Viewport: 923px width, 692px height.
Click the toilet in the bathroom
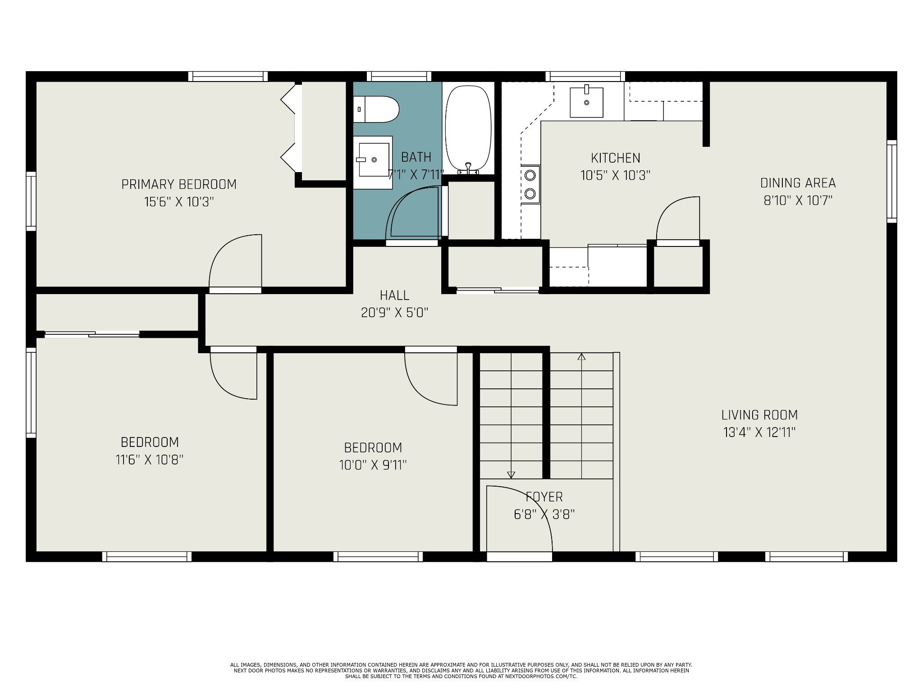376,109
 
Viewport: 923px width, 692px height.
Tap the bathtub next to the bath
468,129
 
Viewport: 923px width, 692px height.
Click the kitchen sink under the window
586,102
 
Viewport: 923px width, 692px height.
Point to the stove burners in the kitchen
530,184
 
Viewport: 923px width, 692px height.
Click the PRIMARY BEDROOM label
179,184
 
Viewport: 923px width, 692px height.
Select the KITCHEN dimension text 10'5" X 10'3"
616,175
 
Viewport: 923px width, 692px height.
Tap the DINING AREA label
798,183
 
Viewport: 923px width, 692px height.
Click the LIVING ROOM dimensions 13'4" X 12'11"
759,432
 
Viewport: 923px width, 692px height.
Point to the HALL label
394,296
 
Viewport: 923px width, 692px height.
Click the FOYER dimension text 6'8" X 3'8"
544,514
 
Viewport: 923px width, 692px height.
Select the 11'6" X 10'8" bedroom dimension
150,460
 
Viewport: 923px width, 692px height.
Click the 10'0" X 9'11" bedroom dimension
373,465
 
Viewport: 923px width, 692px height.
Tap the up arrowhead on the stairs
581,357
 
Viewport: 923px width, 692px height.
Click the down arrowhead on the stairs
511,474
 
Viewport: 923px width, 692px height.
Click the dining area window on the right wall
891,181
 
